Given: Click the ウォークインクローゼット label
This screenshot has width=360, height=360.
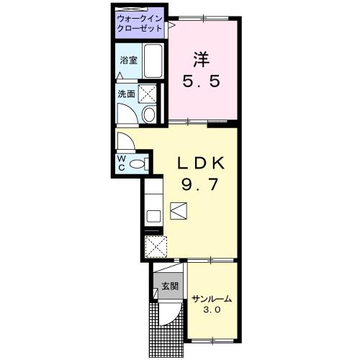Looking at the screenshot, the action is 140,24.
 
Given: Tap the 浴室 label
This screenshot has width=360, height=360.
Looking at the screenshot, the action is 129,60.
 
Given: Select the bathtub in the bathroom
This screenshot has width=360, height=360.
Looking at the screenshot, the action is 153,60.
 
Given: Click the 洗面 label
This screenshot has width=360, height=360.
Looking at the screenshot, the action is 126,94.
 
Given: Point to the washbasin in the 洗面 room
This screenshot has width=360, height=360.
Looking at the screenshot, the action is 149,114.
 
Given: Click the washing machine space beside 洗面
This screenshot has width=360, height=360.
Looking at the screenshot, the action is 148,94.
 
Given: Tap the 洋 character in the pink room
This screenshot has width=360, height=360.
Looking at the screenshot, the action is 202,59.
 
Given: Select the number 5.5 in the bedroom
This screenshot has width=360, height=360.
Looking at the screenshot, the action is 202,81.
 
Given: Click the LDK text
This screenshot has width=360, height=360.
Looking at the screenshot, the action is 201,163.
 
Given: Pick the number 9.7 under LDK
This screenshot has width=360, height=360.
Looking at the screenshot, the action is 200,184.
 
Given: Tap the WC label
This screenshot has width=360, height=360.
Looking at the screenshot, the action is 122,163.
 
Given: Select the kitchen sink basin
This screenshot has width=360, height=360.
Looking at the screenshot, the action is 153,216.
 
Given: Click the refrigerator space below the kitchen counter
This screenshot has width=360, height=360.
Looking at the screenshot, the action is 156,247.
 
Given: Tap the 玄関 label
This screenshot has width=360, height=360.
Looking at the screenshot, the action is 170,286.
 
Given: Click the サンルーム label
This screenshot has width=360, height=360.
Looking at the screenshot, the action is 212,300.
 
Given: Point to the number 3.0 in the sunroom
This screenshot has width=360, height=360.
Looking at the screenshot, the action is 212,310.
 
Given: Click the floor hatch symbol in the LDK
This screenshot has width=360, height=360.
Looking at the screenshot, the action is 179,211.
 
